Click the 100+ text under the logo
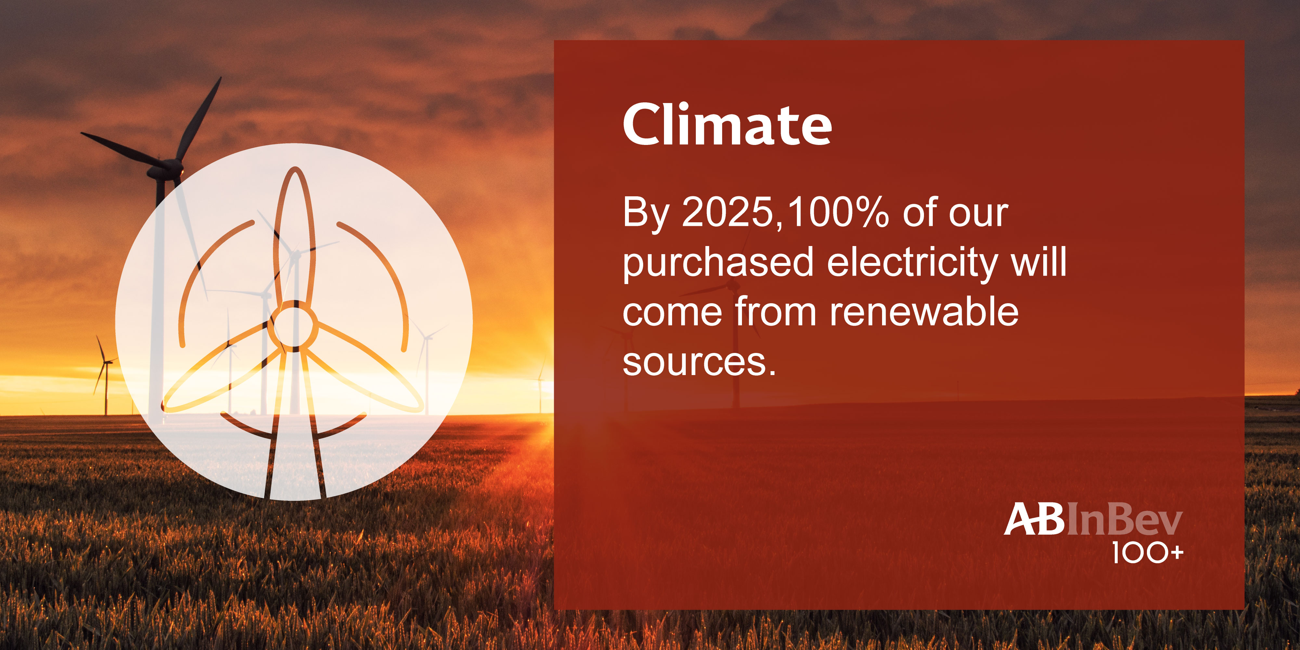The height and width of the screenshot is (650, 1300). click(x=1148, y=553)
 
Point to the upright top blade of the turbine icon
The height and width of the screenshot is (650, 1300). click(x=294, y=235)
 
